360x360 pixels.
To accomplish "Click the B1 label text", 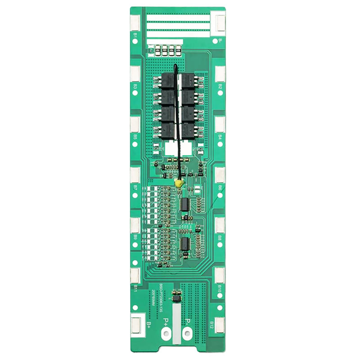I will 135,35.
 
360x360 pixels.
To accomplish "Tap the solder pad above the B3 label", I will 135,73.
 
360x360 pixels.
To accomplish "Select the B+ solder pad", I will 136,324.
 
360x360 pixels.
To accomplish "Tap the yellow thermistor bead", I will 178,184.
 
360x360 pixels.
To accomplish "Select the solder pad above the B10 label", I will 220,274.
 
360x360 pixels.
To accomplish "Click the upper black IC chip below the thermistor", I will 184,204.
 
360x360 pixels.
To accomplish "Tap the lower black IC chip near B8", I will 184,244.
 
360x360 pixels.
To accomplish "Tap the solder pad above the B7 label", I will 135,173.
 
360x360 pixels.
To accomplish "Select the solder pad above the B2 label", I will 220,73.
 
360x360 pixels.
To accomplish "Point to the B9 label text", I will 135,236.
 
